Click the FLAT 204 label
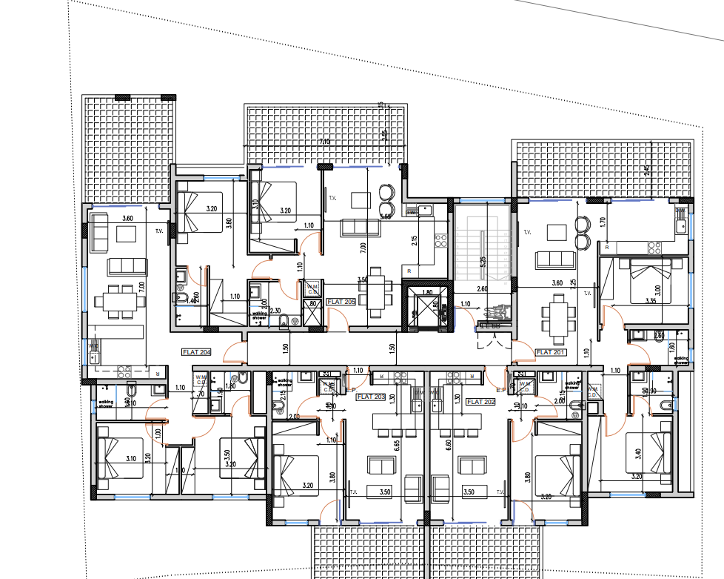pos(196,353)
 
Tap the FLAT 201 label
pos(550,352)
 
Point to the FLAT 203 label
pos(371,397)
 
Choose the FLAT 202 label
pos(480,402)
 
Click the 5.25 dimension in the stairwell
pos(483,261)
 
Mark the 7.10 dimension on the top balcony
pos(324,142)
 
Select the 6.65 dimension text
pos(398,444)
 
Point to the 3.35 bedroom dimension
pos(651,301)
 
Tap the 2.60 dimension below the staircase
pos(482,289)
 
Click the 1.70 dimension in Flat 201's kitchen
pos(602,221)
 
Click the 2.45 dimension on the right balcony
pos(647,171)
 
